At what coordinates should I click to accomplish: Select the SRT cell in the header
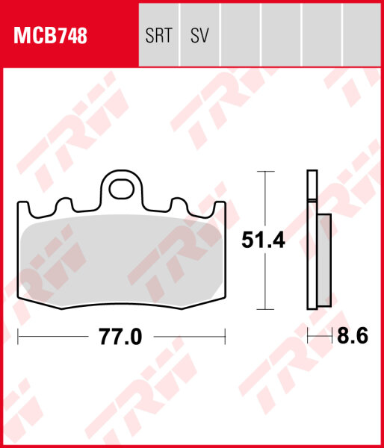159,36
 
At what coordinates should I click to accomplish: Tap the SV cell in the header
199,36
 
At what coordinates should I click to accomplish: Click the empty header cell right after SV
240,36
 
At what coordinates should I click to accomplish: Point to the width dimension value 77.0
120,337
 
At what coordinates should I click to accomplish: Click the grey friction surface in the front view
120,254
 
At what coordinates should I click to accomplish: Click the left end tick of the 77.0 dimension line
18,337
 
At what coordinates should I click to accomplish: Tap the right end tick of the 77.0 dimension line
225,337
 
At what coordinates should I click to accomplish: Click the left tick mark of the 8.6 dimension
308,337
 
